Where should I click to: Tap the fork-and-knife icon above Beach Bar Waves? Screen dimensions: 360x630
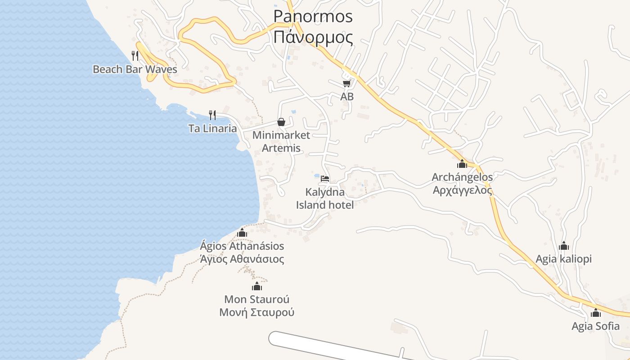135,56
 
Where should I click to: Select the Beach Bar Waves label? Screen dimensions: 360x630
135,69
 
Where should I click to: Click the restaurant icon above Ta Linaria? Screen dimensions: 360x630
212,115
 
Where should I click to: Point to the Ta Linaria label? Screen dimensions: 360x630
212,129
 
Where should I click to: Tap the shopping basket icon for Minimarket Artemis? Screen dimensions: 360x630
281,122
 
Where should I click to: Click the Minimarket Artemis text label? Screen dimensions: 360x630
281,141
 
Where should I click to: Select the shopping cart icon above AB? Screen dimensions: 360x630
346,84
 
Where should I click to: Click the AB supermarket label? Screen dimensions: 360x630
346,97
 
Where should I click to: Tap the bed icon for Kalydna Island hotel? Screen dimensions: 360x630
325,179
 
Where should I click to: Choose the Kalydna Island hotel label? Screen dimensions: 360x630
325,198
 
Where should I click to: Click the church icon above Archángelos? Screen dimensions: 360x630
462,164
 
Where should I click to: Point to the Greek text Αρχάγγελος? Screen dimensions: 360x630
462,190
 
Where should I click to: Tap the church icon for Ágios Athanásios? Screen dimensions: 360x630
242,233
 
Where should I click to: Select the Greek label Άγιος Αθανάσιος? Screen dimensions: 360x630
242,259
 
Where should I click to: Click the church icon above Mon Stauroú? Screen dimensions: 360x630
257,286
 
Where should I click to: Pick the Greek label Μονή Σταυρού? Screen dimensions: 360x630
257,312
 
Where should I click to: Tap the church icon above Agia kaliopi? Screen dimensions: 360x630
564,246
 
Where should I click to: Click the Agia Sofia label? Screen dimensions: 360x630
595,326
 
